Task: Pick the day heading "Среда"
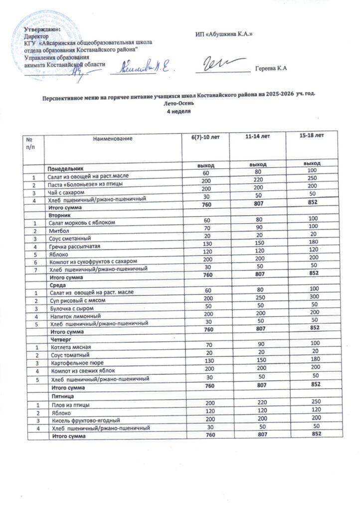coord(56,285)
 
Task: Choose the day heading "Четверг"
coord(58,339)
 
